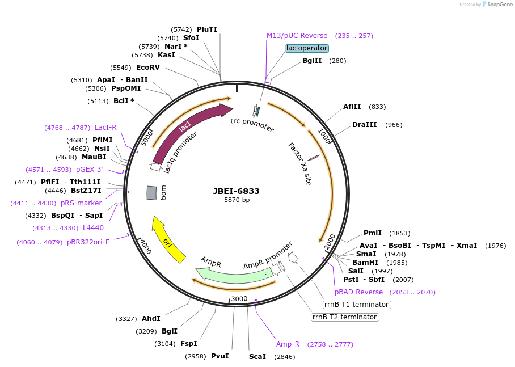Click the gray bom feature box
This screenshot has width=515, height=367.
[151, 193]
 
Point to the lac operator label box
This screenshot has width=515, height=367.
[306, 48]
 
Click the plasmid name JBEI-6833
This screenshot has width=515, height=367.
[237, 191]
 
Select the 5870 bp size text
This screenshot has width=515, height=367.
[237, 200]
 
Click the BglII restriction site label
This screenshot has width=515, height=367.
[312, 61]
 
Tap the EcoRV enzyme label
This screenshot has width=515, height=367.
[148, 67]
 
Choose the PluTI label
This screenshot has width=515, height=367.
[207, 29]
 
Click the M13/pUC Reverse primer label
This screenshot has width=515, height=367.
[297, 36]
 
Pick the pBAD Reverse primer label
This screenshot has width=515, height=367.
[358, 292]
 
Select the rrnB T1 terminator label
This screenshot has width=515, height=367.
[356, 305]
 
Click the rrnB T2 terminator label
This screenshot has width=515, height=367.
[345, 317]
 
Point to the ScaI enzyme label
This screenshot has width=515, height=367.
[257, 357]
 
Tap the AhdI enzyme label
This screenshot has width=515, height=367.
[151, 319]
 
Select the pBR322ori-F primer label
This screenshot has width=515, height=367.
[88, 242]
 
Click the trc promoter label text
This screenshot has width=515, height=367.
[252, 124]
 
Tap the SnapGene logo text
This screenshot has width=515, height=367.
[497, 5]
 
